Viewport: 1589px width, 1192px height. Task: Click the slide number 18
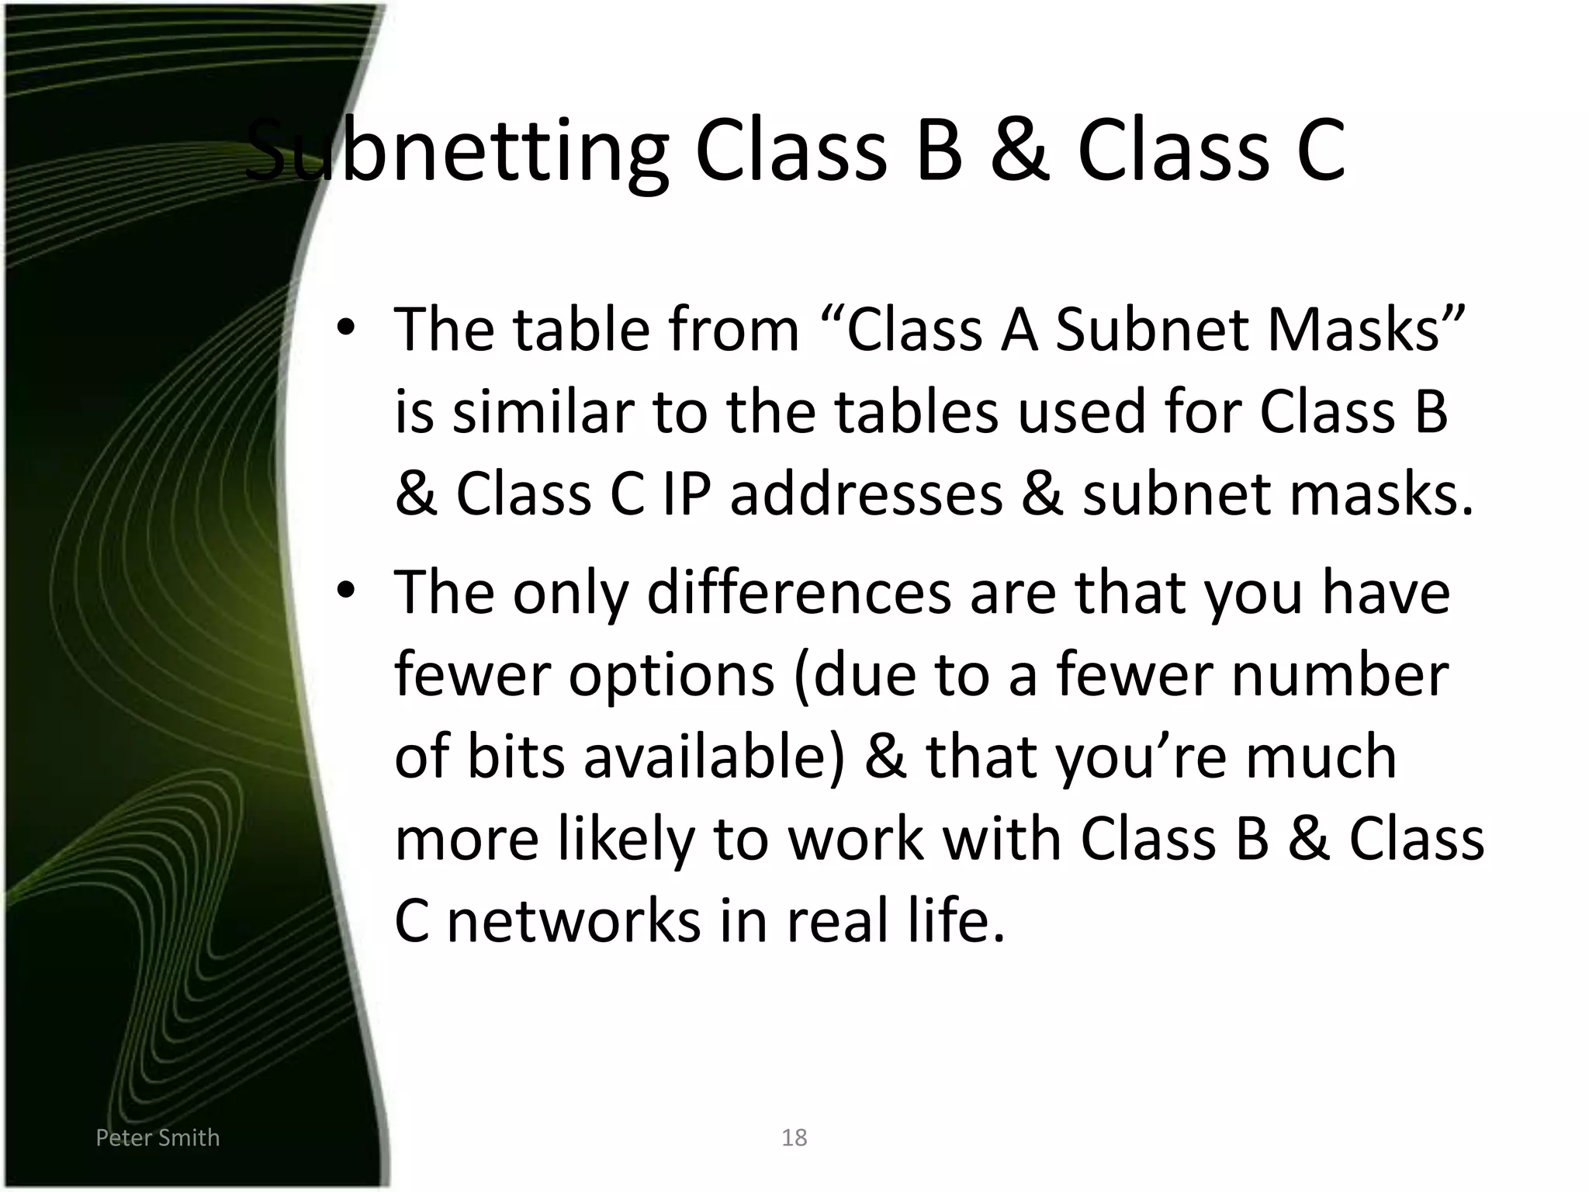pos(794,1138)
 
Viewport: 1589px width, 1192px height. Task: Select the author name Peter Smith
pos(158,1138)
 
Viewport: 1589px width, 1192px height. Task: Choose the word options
pos(671,675)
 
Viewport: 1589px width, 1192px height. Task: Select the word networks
pos(574,922)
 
